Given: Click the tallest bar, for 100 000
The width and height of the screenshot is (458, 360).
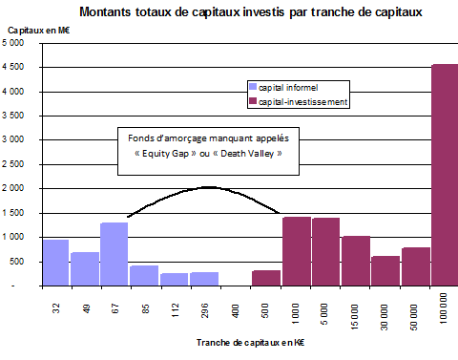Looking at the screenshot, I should pyautogui.click(x=446, y=175).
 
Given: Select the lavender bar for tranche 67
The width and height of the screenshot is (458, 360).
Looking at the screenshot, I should pyautogui.click(x=114, y=254).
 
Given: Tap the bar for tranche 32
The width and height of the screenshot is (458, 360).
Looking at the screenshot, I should pyautogui.click(x=55, y=263).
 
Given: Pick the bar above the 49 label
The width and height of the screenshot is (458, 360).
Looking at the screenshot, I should pyautogui.click(x=85, y=268).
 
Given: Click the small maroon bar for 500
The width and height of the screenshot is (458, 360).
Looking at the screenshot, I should pyautogui.click(x=266, y=278).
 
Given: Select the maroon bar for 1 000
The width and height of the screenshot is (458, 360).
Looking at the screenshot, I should pyautogui.click(x=296, y=251).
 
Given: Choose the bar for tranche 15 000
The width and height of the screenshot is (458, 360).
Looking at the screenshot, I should pyautogui.click(x=356, y=261).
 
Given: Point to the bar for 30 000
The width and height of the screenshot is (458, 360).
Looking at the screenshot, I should pyautogui.click(x=385, y=270).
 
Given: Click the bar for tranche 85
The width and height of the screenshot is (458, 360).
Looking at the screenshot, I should pyautogui.click(x=144, y=275).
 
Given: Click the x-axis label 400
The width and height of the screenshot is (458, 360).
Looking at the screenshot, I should pyautogui.click(x=236, y=313).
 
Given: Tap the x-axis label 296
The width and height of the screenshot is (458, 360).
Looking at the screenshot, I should pyautogui.click(x=205, y=313).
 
